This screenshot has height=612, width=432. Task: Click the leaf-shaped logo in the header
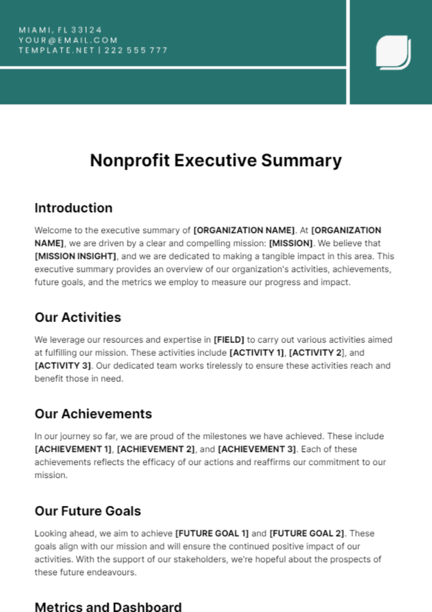coord(393,52)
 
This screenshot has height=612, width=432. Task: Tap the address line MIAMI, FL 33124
coord(60,30)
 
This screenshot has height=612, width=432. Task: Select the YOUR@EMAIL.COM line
coord(68,40)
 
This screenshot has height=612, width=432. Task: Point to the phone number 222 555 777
coord(136,50)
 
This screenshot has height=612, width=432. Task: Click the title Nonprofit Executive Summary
coord(216,161)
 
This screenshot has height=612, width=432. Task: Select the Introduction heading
coord(73,208)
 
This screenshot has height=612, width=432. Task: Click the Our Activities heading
coord(78,318)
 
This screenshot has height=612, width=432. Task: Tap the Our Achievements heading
coord(93,414)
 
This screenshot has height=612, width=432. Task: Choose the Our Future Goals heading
coord(87,511)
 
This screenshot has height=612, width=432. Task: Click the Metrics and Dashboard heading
coord(108,607)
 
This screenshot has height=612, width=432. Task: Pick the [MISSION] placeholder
coord(291,243)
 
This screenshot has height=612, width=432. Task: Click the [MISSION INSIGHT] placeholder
coord(75,256)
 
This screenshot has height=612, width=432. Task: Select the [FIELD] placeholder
coord(229,340)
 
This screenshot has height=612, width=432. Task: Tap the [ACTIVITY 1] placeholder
coord(257,353)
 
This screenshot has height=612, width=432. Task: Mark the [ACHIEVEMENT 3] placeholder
coord(257,449)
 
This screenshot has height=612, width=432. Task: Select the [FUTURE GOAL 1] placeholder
coord(212,534)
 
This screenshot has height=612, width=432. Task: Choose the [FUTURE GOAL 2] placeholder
coord(307,534)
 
